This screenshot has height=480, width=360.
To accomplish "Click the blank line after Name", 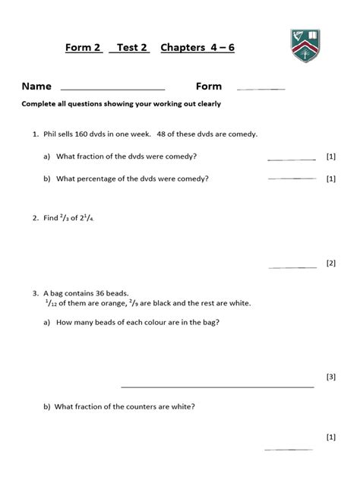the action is (112, 89).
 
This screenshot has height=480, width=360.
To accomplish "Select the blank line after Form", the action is (261, 89).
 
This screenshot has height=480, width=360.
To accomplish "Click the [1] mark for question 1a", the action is (330, 156).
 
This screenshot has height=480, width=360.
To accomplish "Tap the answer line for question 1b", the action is (292, 178).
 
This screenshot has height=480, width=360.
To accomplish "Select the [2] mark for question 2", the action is (330, 264).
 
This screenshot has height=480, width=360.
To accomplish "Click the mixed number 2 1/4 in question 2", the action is (93, 218).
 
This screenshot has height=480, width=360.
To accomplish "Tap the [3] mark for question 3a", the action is (330, 376).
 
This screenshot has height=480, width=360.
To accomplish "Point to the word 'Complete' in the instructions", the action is (41, 104).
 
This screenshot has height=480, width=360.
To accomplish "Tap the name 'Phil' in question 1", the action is (52, 134).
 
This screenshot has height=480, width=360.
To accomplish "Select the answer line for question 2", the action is (292, 267).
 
